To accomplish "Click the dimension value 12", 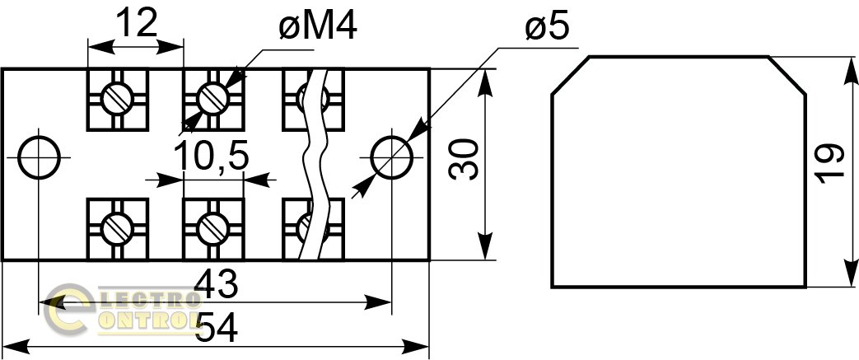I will tap(136, 23).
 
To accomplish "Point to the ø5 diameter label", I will tap(546, 29).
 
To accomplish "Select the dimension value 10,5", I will tap(212, 156).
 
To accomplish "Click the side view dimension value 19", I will tap(833, 163).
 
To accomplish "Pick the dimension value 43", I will tap(216, 285).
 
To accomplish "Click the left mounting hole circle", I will tap(39, 157).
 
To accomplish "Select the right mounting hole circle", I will tap(391, 157).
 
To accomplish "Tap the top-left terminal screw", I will tap(117, 99).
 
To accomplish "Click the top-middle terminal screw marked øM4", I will tap(213, 99).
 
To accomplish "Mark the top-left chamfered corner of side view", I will tap(569, 76).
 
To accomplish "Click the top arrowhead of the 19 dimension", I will tap(848, 66).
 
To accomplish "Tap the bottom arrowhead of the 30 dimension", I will tap(486, 251).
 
